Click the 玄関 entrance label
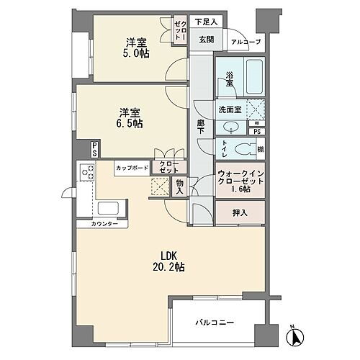(x=206, y=40)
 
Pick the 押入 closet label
(x=240, y=213)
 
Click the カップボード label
(x=132, y=168)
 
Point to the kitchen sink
(x=108, y=209)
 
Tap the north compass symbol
(x=300, y=335)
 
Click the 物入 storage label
(x=178, y=187)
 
